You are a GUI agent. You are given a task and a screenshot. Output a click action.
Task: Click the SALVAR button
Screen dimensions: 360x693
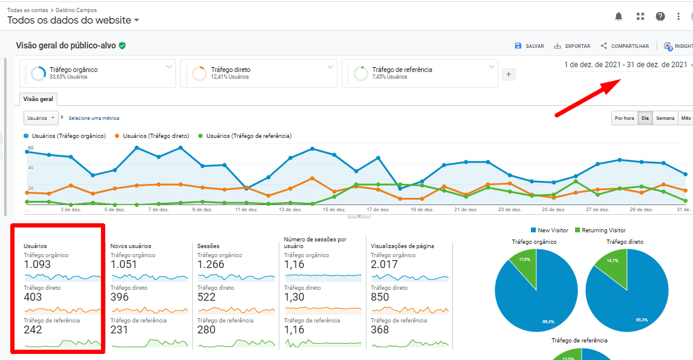[529, 46]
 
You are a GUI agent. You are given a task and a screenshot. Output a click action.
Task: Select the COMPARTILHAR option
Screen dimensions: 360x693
[625, 46]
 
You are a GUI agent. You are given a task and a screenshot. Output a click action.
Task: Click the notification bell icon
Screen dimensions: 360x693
[619, 16]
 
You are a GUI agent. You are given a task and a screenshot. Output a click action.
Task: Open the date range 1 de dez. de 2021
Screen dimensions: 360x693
[625, 65]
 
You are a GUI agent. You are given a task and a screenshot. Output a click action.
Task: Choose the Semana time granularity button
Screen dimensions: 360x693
[665, 118]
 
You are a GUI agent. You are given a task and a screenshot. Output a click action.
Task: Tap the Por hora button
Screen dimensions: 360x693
[624, 118]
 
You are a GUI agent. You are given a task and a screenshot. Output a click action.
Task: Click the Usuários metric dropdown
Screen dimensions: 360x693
[41, 118]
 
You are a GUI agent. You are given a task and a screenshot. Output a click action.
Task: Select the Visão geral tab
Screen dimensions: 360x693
[38, 99]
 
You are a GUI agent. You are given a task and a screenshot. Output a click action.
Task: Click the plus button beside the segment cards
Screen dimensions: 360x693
[509, 74]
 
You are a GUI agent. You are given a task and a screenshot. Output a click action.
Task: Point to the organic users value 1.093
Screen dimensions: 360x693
[37, 264]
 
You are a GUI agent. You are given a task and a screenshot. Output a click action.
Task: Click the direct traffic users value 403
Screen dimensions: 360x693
[33, 297]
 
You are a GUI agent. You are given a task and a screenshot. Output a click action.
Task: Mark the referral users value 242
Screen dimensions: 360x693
[33, 330]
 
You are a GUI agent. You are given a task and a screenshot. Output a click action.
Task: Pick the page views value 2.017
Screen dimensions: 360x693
[385, 264]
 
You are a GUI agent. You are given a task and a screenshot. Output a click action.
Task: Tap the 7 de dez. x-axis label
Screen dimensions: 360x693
[158, 210]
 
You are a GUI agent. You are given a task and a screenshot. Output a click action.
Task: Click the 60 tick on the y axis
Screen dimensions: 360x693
[30, 148]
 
